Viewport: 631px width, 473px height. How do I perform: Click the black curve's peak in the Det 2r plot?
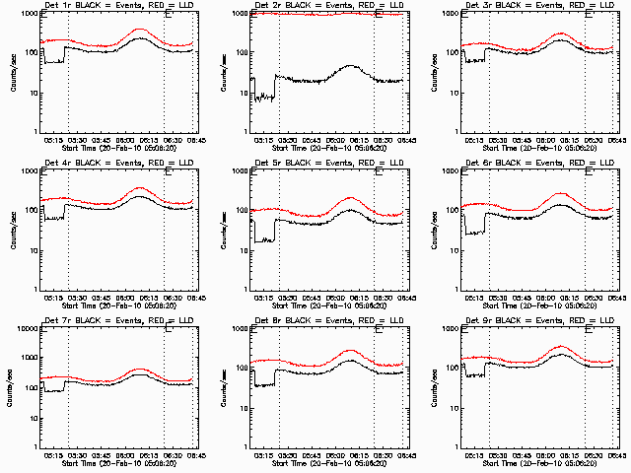pos(351,66)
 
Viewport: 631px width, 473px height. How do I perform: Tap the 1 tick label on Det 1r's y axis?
pos(35,131)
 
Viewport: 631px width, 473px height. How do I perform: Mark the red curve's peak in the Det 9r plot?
pos(562,347)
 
